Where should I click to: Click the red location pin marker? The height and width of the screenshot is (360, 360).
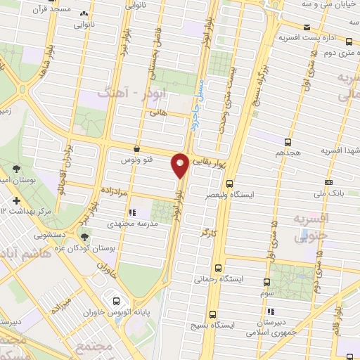click(x=181, y=165)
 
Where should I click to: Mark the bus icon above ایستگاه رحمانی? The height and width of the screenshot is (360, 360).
click(x=219, y=268)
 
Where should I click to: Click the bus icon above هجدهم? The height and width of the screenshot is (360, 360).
click(x=288, y=141)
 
